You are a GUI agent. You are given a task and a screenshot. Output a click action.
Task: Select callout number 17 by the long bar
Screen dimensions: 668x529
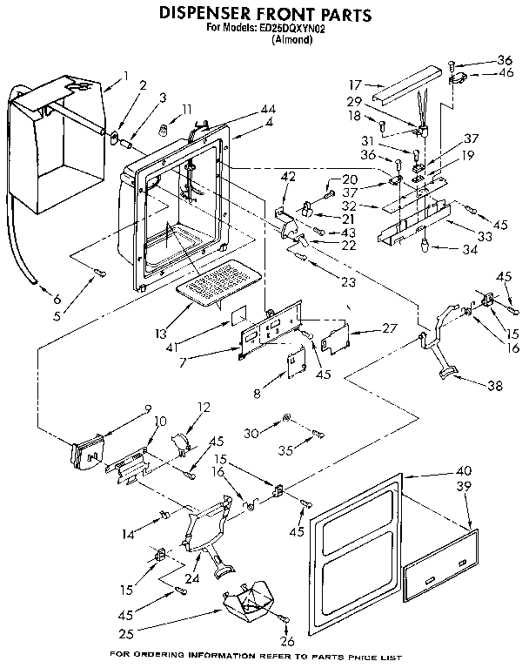pyautogui.click(x=355, y=85)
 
